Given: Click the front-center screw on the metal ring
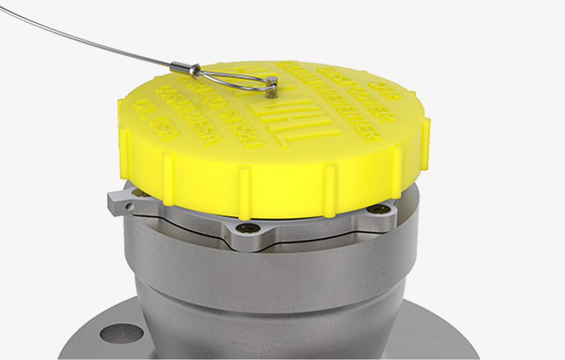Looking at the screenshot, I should tap(247, 229).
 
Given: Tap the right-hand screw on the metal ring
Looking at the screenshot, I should tap(378, 210).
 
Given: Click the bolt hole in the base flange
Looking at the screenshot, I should tap(121, 332).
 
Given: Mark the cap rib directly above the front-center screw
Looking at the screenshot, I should tap(245, 189).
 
